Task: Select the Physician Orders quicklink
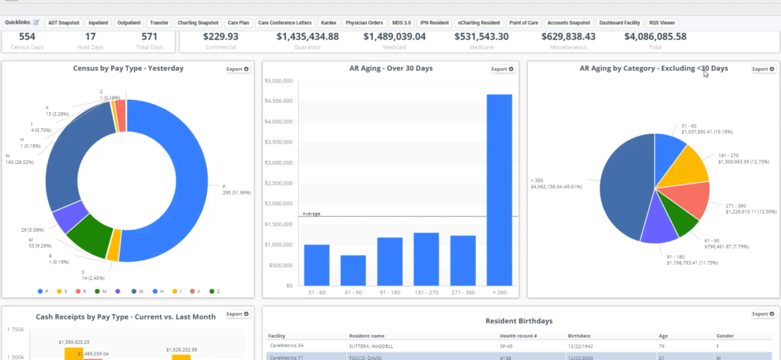[364, 23]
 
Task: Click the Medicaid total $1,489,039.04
[394, 37]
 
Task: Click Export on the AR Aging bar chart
[503, 69]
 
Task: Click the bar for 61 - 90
[353, 270]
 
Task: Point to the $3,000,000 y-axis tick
[278, 162]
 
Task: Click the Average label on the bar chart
[312, 214]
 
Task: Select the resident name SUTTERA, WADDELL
[371, 346]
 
